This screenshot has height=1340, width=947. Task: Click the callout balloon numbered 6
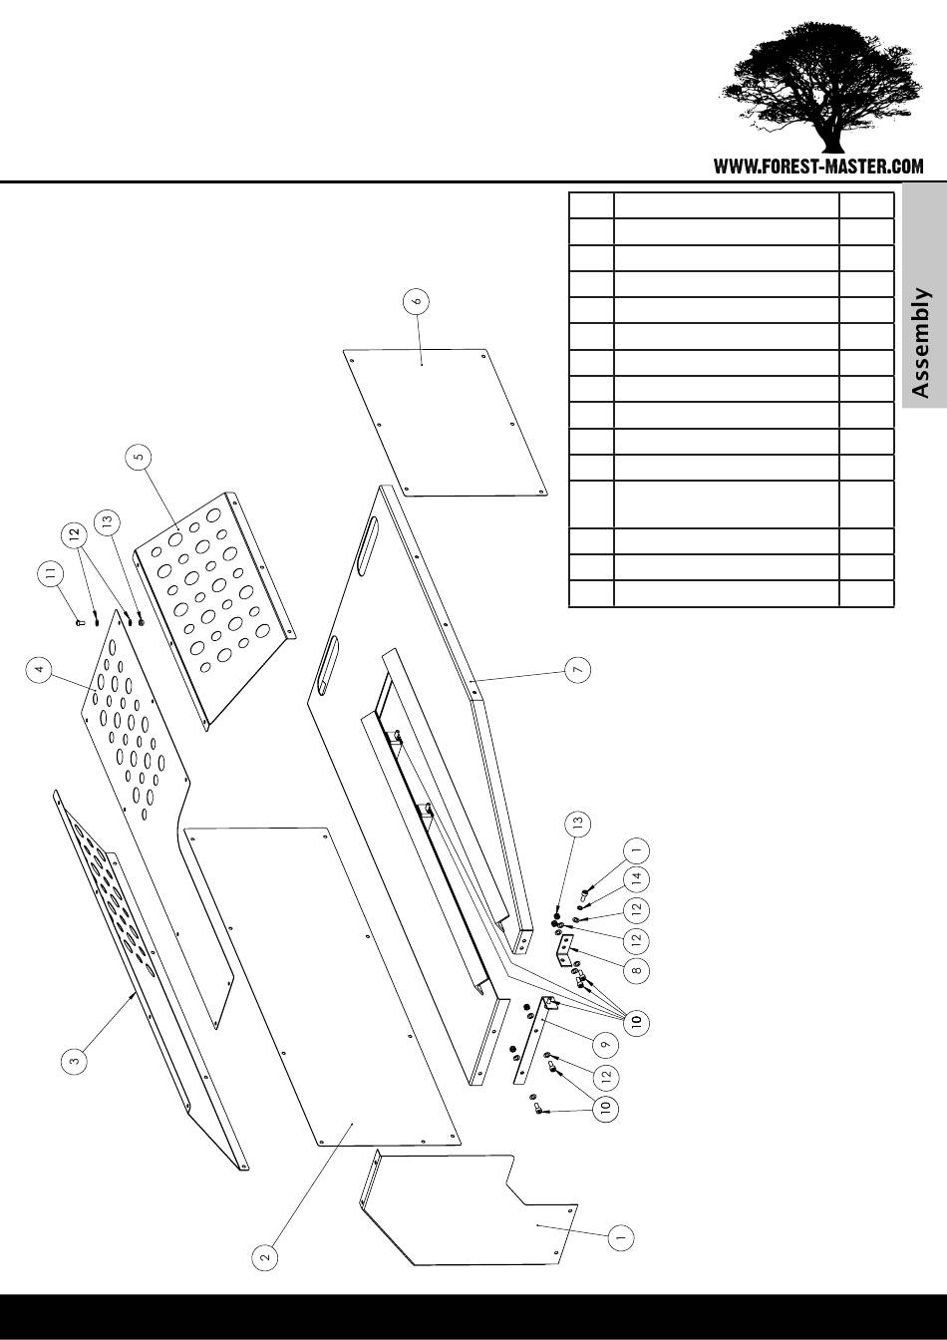pos(418,299)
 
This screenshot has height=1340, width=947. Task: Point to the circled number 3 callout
pos(74,1062)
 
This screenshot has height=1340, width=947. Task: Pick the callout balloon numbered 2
pos(264,1257)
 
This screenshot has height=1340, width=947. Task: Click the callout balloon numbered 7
pos(577,670)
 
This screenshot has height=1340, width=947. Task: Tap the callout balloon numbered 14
pos(638,879)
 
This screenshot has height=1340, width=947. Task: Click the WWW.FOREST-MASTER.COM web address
pos(818,167)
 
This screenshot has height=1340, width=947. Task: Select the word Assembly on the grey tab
pos(922,343)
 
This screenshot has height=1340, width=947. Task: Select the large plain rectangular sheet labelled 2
pos(319,987)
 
